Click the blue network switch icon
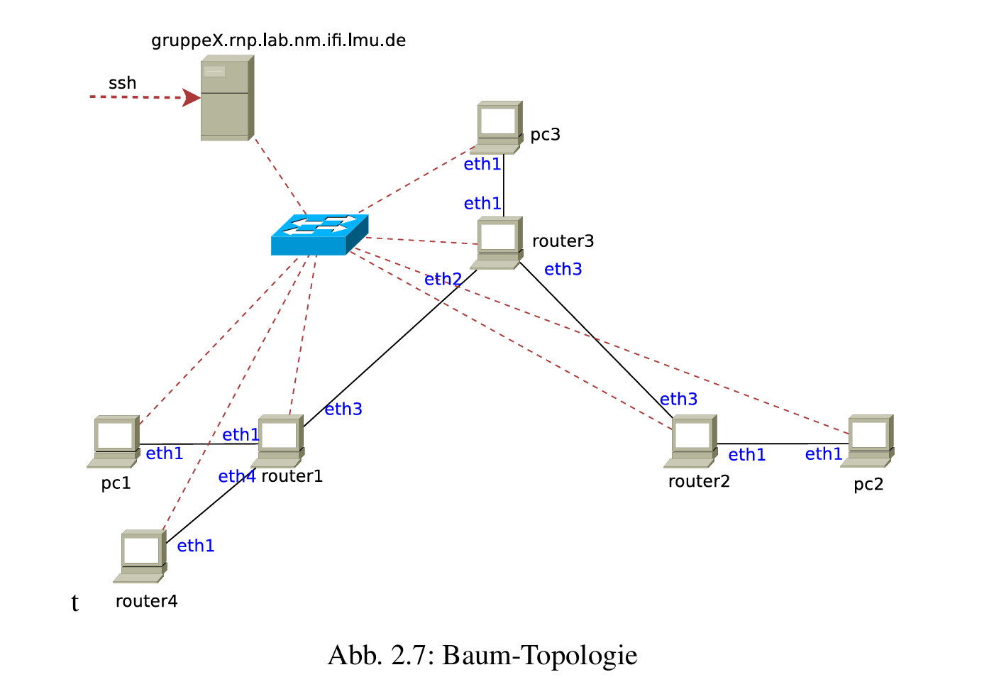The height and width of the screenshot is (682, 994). click(x=319, y=235)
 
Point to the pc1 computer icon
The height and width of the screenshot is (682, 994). click(x=115, y=441)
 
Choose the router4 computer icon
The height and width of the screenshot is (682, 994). click(x=141, y=556)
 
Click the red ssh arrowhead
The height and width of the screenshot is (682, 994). click(x=192, y=97)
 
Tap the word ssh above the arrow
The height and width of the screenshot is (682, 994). click(x=122, y=83)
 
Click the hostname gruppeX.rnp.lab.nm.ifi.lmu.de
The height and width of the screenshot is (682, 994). click(x=278, y=40)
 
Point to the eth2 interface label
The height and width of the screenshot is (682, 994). click(x=443, y=280)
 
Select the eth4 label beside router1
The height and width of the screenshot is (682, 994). click(x=236, y=476)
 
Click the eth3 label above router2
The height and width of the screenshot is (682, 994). click(x=678, y=400)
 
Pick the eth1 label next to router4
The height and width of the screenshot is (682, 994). click(x=195, y=546)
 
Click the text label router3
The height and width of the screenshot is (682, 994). click(x=563, y=241)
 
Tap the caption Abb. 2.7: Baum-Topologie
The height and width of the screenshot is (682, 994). click(x=482, y=655)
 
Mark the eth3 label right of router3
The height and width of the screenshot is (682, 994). click(x=563, y=270)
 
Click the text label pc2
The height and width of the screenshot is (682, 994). click(x=868, y=485)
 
